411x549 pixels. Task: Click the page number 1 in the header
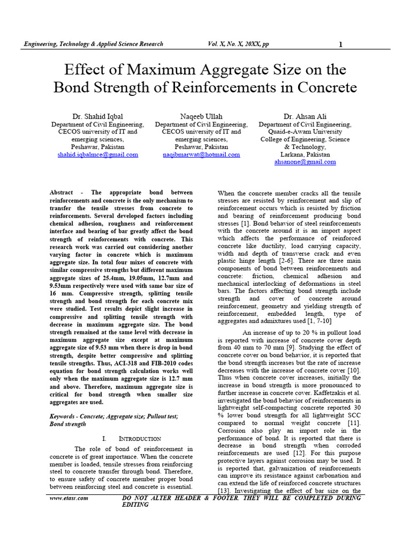[x=340, y=44]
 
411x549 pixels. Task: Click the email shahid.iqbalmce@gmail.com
[x=97, y=154]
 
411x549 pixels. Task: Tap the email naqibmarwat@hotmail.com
[x=201, y=154]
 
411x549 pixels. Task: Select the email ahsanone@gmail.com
[x=305, y=161]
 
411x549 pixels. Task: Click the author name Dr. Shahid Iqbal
[x=97, y=116]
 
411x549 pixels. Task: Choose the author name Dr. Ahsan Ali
[x=305, y=116]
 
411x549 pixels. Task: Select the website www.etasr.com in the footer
[x=68, y=498]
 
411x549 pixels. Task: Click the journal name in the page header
[x=94, y=44]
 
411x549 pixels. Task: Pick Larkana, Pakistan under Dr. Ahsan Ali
[x=305, y=154]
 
